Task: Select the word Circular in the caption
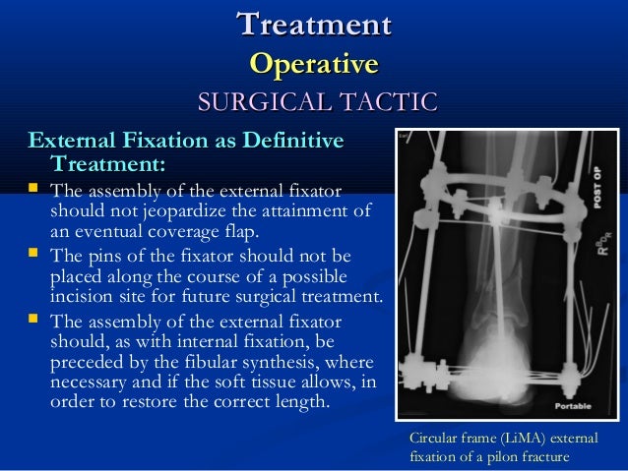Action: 433,439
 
